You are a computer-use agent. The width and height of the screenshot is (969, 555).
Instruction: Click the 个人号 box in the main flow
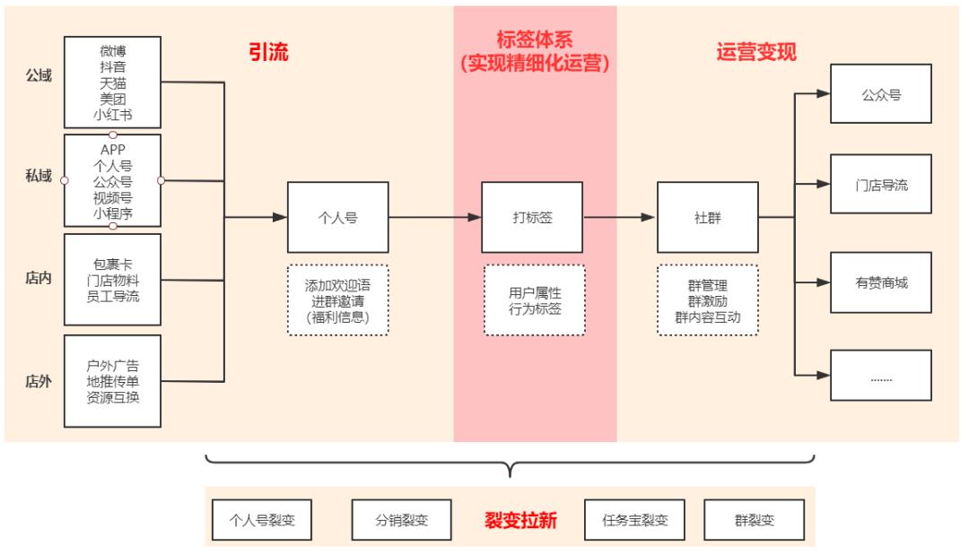pos(337,217)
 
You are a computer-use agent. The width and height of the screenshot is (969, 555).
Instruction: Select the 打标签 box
pos(531,217)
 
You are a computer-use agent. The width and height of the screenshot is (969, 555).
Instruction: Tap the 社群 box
pos(707,217)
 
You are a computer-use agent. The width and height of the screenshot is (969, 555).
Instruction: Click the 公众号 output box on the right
pos(880,93)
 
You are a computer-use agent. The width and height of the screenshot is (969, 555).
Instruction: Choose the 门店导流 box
pos(880,184)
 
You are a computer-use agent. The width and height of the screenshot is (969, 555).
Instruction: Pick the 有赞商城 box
pos(880,282)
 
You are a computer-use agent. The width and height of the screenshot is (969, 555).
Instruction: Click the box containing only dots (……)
pos(880,376)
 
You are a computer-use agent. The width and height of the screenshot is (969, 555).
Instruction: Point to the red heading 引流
pos(268,51)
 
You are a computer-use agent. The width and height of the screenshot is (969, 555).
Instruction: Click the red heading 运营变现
pos(755,51)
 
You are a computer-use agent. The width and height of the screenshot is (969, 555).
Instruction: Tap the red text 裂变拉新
pos(520,520)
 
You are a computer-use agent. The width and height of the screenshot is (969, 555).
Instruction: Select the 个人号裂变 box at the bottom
pos(262,520)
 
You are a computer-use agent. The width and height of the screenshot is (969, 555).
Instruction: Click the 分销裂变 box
pos(401,520)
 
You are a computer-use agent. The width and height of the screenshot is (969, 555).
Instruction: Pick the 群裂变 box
pos(754,520)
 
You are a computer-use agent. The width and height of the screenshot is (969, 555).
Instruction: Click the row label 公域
pos(39,75)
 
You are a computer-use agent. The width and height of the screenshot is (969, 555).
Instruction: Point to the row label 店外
pos(39,381)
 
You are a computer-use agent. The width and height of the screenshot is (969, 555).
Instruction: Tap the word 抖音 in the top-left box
pos(113,65)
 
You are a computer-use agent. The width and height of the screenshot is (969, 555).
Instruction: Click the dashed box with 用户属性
pos(534,300)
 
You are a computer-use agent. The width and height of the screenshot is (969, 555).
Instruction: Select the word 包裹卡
pos(113,264)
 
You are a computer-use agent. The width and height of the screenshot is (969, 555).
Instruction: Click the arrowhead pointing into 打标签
pos(475,217)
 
